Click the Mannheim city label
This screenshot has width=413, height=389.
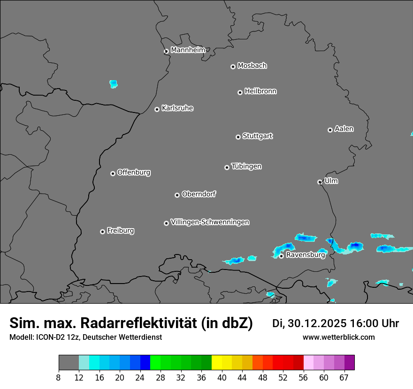click(x=188, y=50)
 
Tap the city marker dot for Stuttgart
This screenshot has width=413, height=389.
click(x=238, y=137)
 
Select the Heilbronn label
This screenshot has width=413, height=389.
click(x=260, y=91)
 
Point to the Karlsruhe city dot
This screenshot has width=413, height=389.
click(x=157, y=109)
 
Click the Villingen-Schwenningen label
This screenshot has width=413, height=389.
click(x=210, y=222)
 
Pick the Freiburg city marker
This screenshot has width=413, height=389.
click(x=102, y=232)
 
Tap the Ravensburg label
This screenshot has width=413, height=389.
click(x=306, y=255)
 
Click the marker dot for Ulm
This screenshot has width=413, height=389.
click(x=320, y=182)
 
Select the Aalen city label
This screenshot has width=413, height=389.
click(x=344, y=128)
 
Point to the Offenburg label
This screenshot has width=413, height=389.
click(x=134, y=172)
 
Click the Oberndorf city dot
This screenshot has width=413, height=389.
click(x=177, y=195)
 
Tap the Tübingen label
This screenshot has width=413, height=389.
click(x=246, y=166)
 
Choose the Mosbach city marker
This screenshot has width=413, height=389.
click(x=233, y=67)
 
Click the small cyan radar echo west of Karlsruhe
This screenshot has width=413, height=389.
click(x=113, y=84)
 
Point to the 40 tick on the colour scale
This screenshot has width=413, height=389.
click(x=222, y=377)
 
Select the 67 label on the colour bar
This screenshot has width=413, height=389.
click(x=344, y=377)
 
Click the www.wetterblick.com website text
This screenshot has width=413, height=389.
click(x=339, y=337)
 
